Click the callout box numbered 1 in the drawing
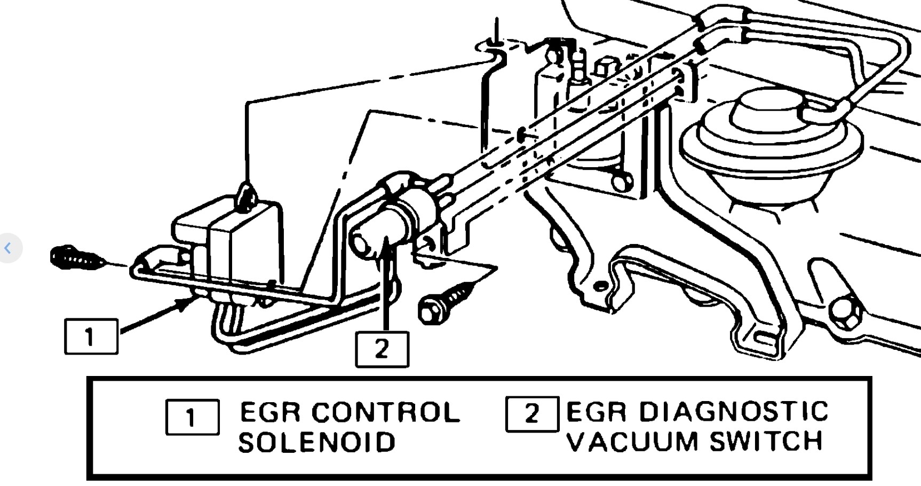pyautogui.click(x=91, y=336)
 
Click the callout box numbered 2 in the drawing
pyautogui.click(x=382, y=349)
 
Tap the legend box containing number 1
pyautogui.click(x=192, y=417)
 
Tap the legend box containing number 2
pyautogui.click(x=532, y=414)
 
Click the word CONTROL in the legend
pyautogui.click(x=386, y=412)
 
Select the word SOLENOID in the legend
pyautogui.click(x=317, y=443)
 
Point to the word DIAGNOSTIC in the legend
pyautogui.click(x=733, y=412)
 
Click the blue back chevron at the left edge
pyautogui.click(x=7, y=248)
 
